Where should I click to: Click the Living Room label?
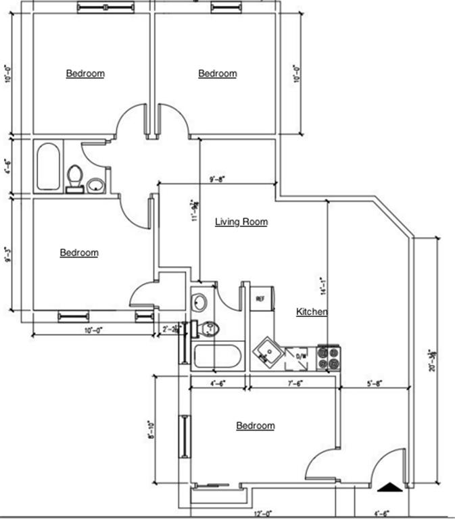(x=241, y=222)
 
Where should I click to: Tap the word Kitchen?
(x=312, y=312)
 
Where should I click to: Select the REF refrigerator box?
(x=260, y=298)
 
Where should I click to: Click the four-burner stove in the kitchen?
(x=329, y=357)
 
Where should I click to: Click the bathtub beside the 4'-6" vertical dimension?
(x=48, y=166)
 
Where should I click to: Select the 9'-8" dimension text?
(x=217, y=179)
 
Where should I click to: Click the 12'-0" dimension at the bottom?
(x=264, y=514)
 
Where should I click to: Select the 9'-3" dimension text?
(x=8, y=256)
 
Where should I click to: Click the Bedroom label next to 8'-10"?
(x=255, y=426)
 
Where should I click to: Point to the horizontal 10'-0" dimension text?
(x=95, y=330)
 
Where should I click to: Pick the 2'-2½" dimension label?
(x=170, y=329)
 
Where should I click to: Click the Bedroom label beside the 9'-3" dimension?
(x=79, y=253)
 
